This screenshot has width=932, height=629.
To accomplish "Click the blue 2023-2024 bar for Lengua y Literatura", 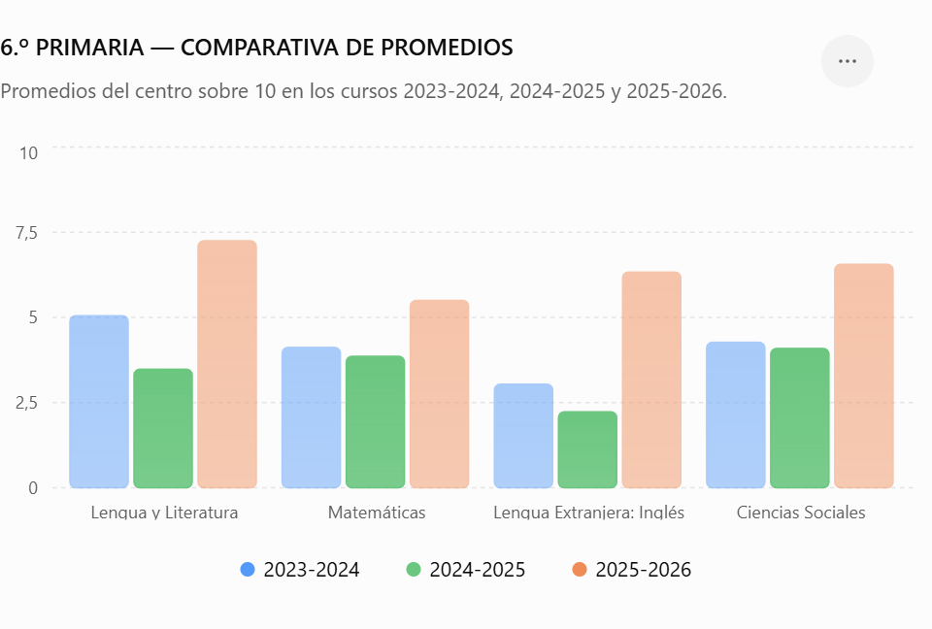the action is (x=99, y=401).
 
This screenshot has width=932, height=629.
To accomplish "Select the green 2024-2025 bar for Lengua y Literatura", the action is (x=163, y=428).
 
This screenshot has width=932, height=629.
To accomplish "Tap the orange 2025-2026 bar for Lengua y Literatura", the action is (x=227, y=364).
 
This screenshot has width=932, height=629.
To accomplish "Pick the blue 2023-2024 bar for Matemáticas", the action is (x=311, y=417).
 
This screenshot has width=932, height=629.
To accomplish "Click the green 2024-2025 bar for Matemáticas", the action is (x=375, y=421).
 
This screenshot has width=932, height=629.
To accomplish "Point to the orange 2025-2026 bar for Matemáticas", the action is (x=439, y=393).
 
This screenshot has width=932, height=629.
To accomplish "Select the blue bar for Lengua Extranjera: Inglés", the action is (x=523, y=436).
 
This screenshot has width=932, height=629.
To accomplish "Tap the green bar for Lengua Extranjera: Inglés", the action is (x=587, y=449).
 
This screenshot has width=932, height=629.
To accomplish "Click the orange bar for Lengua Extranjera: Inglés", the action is (x=651, y=380).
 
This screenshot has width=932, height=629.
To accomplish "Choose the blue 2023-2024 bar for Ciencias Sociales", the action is (x=735, y=415).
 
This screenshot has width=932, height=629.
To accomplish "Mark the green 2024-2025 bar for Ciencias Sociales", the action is (x=799, y=418).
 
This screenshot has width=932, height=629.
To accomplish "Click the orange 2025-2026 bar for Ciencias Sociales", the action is (x=864, y=376).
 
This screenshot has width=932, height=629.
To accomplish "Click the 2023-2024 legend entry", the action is (x=300, y=570).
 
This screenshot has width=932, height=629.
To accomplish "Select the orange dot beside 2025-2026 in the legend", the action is (x=580, y=570).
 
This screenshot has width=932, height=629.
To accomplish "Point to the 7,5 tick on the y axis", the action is (x=27, y=232).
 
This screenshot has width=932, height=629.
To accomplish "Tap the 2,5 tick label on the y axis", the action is (x=27, y=403).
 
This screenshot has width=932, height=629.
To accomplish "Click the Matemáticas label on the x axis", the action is (x=377, y=513).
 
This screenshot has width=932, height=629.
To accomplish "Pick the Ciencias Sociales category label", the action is (x=801, y=513).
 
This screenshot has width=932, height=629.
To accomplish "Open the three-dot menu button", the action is (x=847, y=61).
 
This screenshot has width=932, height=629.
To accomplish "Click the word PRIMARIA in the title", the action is (x=89, y=48).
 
